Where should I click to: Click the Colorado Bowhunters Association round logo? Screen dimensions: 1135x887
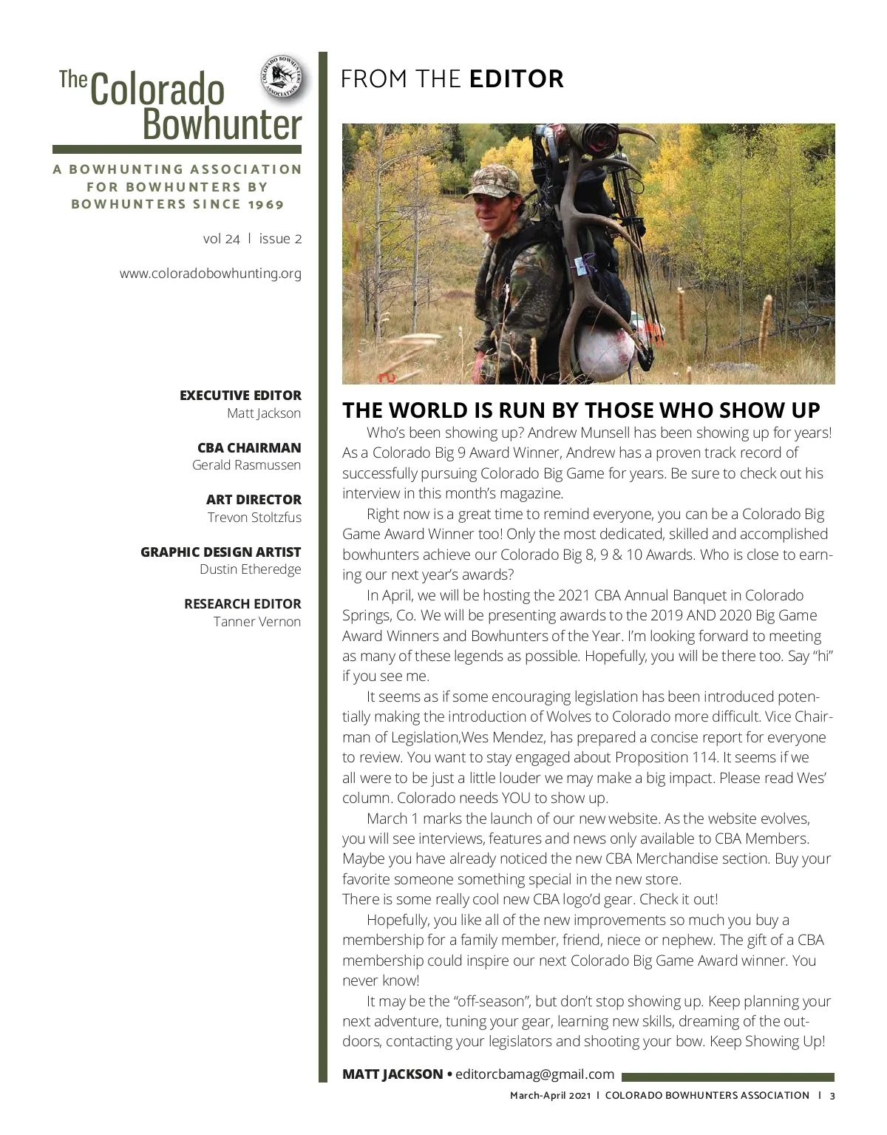282,78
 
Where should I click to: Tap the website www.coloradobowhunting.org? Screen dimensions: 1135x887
211,274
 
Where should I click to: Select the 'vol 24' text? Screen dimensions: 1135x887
221,239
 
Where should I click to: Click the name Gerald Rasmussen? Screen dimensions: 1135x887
246,465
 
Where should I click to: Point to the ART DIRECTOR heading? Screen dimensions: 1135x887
254,500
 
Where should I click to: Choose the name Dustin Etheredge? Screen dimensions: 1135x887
250,569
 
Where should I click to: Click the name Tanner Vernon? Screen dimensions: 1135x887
256,621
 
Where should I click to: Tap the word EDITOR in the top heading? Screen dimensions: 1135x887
516,79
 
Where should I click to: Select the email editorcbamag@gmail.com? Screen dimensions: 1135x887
534,1074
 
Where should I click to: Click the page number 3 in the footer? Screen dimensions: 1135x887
832,1096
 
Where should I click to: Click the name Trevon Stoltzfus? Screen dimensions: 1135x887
254,517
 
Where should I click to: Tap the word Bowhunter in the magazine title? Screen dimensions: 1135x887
222,124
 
